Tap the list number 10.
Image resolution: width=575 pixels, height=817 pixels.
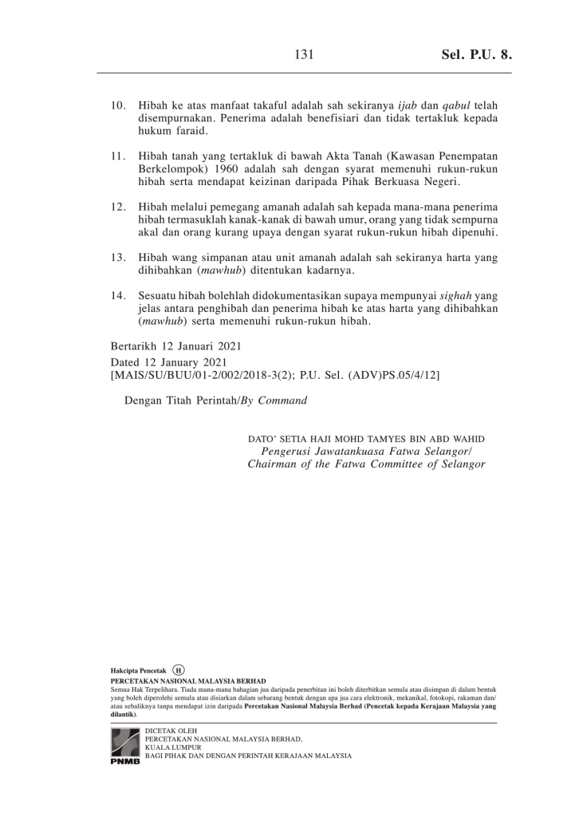click(120, 105)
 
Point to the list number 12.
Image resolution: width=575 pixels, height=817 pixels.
click(120, 207)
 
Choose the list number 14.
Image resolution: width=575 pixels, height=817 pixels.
click(120, 296)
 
